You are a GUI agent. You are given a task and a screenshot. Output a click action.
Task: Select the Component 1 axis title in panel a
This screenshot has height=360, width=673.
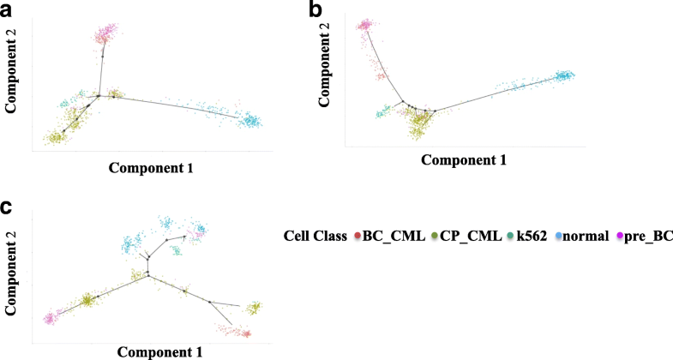(151, 169)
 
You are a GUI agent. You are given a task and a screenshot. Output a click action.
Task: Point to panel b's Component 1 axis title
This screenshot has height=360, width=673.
(463, 159)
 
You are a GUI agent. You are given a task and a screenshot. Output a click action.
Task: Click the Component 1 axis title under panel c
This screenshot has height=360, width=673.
(160, 351)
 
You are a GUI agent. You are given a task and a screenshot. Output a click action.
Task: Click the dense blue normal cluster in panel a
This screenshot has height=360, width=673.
(251, 121)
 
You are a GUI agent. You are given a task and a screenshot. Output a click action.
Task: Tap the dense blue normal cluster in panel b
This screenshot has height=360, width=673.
(563, 76)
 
